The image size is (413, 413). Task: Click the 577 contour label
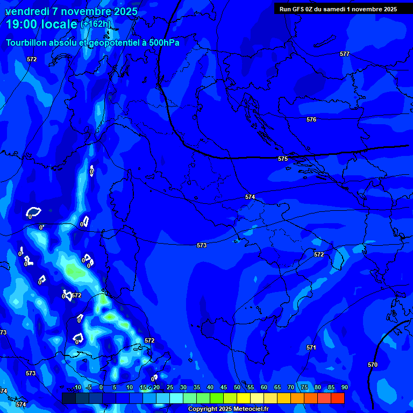[345, 54]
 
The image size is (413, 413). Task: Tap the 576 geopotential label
[311, 119]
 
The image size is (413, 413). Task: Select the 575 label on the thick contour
[283, 159]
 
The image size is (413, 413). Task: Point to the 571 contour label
[311, 348]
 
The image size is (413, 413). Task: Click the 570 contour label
[373, 365]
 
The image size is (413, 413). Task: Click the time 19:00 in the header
[22, 24]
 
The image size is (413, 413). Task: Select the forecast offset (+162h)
[95, 24]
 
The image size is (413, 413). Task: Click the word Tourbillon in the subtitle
[27, 42]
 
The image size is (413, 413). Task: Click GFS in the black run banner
[298, 9]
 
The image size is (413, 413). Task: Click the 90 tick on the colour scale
[344, 387]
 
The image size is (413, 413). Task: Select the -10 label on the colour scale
[76, 387]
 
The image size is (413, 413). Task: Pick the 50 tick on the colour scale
[237, 387]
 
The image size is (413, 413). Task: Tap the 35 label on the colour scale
[197, 387]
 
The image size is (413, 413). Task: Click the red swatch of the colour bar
[337, 398]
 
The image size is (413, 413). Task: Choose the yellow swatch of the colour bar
[244, 398]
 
